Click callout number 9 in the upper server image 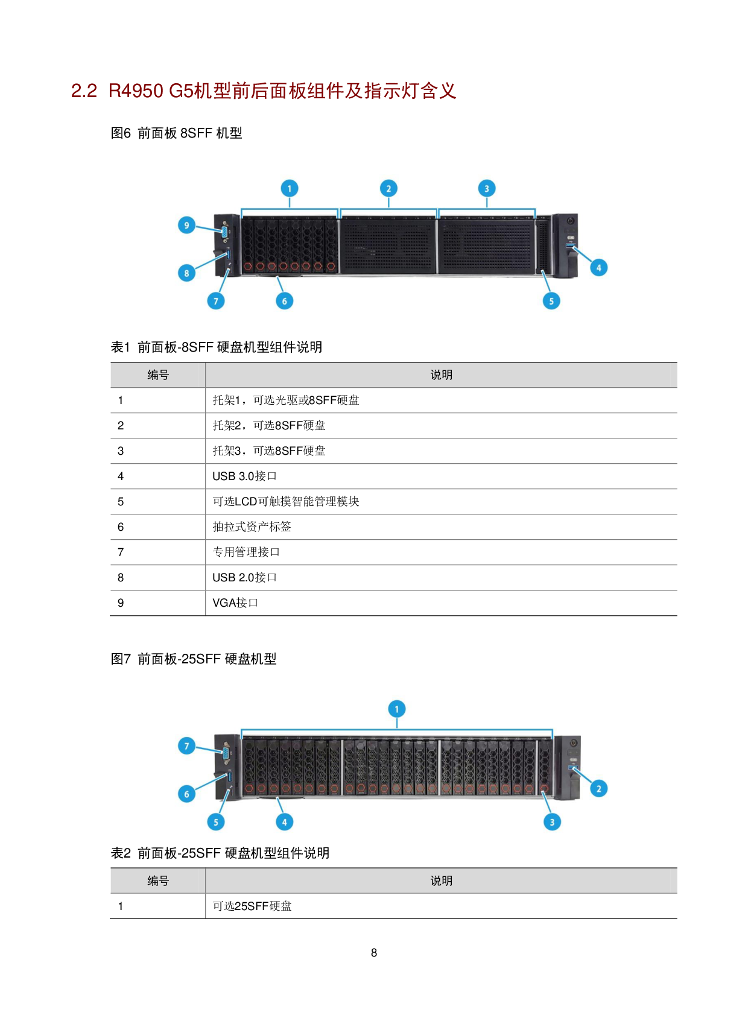tap(186, 226)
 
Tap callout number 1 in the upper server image tap(290, 189)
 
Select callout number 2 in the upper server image tap(388, 189)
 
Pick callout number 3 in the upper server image tap(487, 189)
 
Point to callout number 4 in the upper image tap(598, 268)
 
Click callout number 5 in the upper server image tap(551, 301)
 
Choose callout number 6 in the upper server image tap(285, 301)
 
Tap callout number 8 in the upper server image tap(186, 273)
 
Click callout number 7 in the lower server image tap(186, 747)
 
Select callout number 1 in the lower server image tap(396, 709)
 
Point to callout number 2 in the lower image tap(598, 789)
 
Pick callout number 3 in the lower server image tap(551, 822)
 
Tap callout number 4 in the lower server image tap(285, 822)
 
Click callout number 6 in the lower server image tap(186, 794)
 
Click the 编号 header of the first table tap(158, 375)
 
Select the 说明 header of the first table tap(441, 375)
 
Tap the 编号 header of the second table tap(158, 881)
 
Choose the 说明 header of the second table tap(441, 881)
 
